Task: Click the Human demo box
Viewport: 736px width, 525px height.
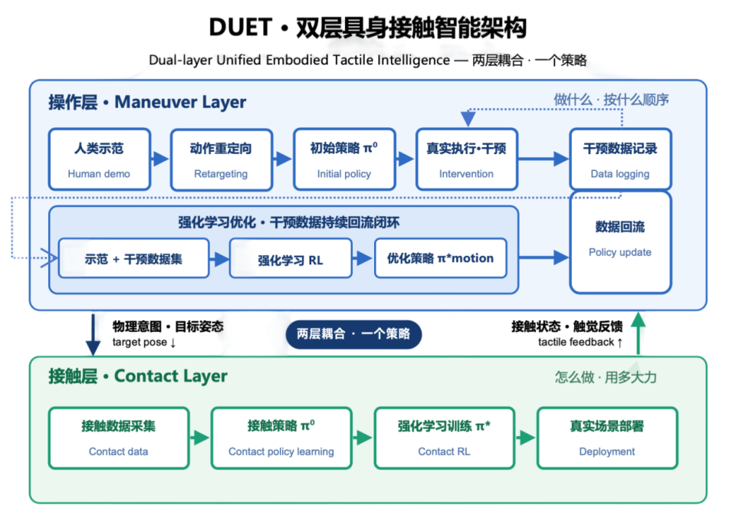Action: (x=100, y=159)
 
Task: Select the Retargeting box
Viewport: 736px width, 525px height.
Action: (x=222, y=159)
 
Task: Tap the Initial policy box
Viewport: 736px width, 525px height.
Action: (x=344, y=159)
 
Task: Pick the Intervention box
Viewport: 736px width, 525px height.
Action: (x=467, y=159)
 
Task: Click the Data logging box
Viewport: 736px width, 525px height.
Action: (x=620, y=159)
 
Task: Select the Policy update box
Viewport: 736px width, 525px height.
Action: (x=620, y=242)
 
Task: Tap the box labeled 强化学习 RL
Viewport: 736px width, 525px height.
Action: (x=291, y=258)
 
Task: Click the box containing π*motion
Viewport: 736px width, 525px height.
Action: (x=441, y=258)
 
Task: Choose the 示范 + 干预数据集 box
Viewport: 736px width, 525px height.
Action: (x=133, y=258)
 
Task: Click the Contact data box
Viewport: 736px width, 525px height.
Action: (x=119, y=438)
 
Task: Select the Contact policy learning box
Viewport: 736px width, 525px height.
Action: (x=281, y=438)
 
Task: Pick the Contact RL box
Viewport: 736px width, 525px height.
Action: (x=445, y=438)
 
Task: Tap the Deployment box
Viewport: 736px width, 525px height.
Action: (x=607, y=438)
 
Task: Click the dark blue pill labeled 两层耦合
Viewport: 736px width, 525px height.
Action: (x=353, y=334)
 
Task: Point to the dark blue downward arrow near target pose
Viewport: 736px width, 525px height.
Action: (x=93, y=335)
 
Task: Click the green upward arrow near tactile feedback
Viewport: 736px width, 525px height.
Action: (x=638, y=333)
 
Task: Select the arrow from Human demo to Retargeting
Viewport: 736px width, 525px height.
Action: (x=160, y=159)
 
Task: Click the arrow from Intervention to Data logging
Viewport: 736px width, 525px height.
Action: (x=544, y=159)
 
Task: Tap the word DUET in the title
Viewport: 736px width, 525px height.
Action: (x=240, y=28)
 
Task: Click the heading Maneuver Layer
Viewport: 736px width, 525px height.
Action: (x=180, y=102)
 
